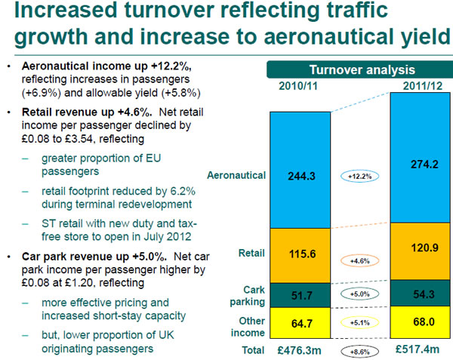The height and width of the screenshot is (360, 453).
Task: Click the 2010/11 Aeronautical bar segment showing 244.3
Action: pos(300,170)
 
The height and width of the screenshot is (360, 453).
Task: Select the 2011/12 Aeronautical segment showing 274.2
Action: pos(421,158)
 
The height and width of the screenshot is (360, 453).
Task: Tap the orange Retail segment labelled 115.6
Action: pos(300,256)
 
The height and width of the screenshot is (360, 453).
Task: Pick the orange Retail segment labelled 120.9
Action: pos(421,251)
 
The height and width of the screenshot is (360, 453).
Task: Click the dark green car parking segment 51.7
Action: pos(300,295)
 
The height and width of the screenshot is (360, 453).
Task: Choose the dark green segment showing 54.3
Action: pos(421,294)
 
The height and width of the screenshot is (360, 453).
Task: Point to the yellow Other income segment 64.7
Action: pos(300,323)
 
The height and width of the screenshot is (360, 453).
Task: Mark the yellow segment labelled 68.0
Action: pos(421,322)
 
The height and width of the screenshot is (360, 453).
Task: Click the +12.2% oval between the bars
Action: pos(359,176)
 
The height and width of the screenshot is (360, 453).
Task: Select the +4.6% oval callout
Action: pos(359,261)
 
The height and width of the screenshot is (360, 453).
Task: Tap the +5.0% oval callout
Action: pos(359,294)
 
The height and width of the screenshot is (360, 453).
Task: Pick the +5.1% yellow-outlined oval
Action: pos(359,322)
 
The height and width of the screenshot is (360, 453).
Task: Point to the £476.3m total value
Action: pos(299,350)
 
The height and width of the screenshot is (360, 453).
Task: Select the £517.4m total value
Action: pos(418,349)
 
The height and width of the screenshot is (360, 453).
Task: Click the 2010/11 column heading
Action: pos(298,86)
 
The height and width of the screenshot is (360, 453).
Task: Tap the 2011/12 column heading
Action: pos(423,86)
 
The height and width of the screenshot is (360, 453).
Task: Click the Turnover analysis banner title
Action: pos(362,70)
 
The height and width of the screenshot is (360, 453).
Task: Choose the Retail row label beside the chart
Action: pos(251,253)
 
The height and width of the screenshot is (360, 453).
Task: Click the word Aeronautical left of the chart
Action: pos(236,175)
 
